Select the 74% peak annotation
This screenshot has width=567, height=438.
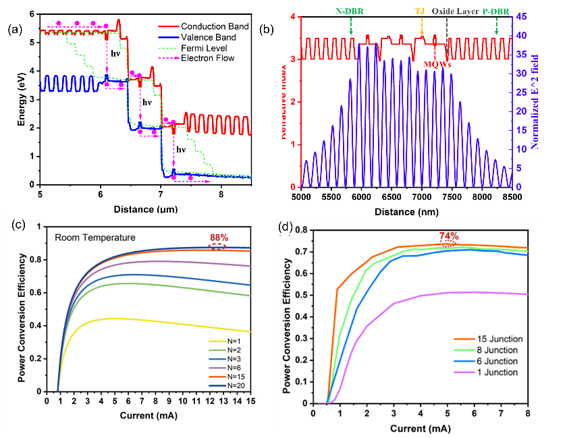point(450,236)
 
